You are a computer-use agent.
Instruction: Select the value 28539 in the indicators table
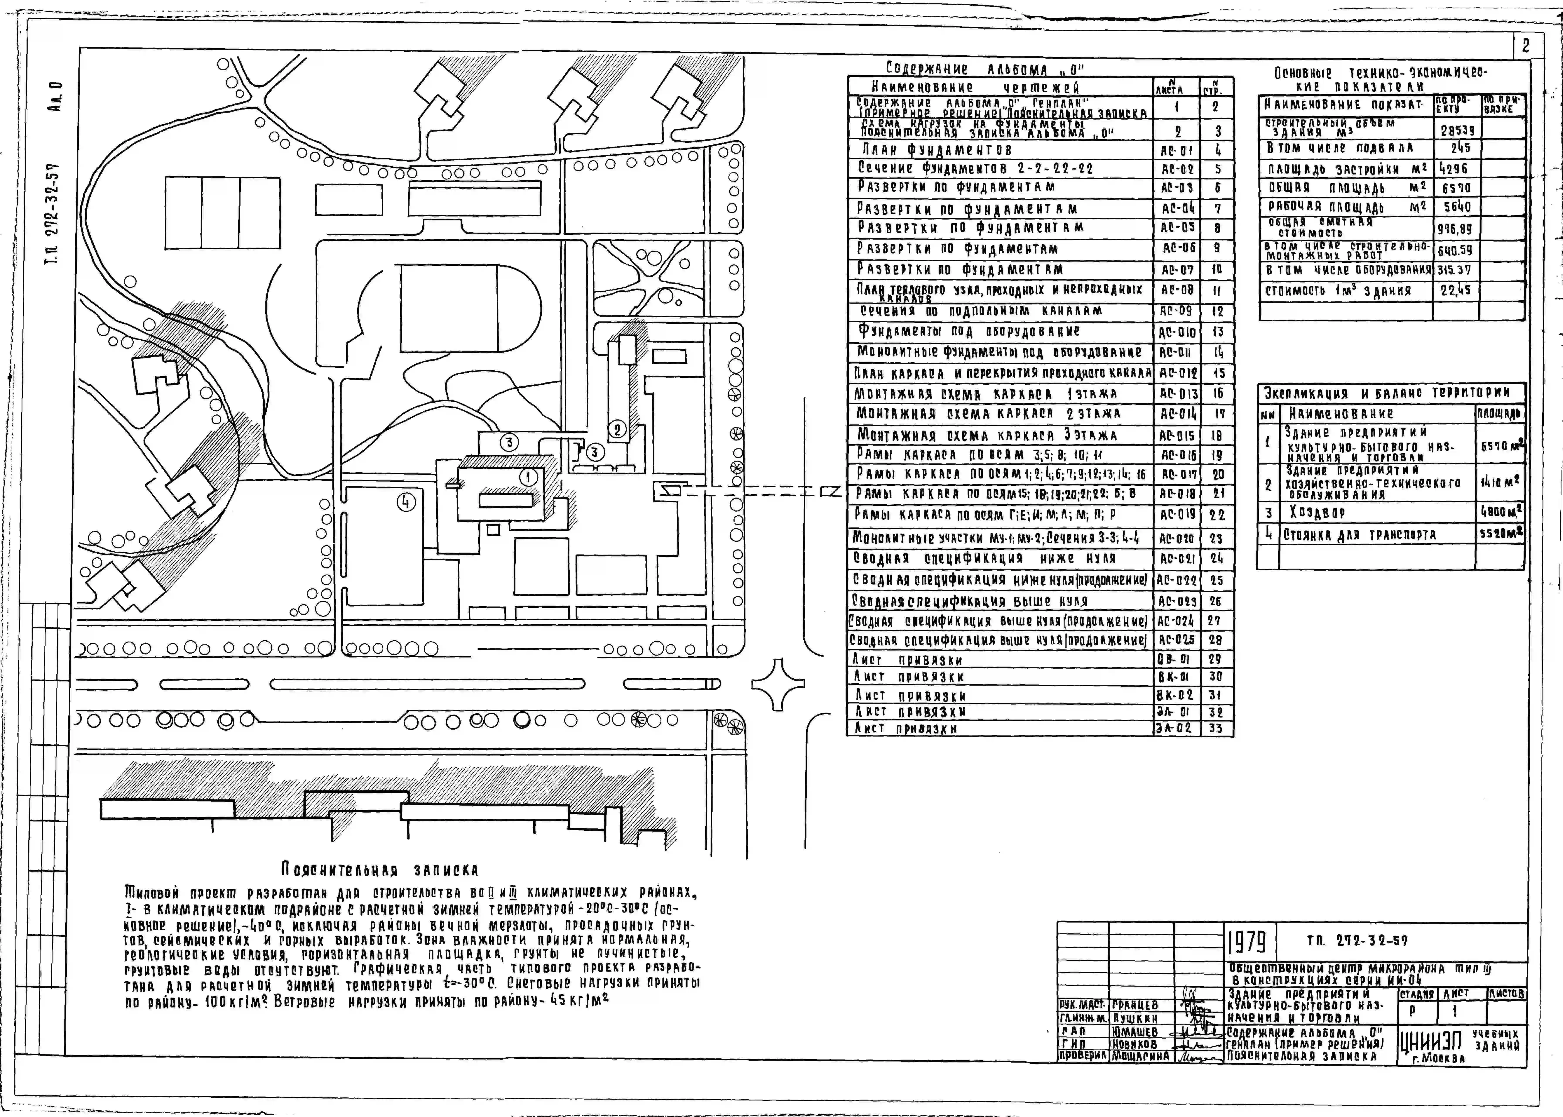coord(1456,130)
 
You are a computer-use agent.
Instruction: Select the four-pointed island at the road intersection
coord(777,683)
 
